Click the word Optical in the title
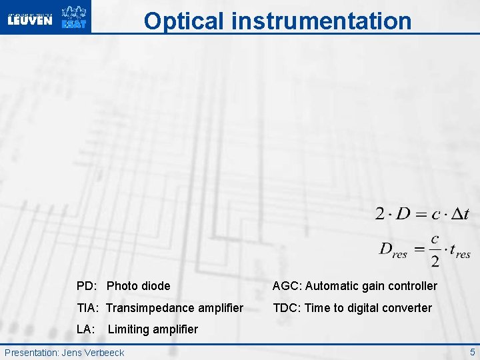click(185, 21)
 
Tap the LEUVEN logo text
click(29, 20)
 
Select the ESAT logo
click(73, 17)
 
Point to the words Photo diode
click(138, 286)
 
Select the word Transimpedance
click(147, 308)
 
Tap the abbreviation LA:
click(85, 329)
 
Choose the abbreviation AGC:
click(287, 286)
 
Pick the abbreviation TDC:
click(287, 308)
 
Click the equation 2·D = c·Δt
click(422, 214)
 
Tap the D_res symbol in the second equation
click(393, 250)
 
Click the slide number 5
click(472, 351)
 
